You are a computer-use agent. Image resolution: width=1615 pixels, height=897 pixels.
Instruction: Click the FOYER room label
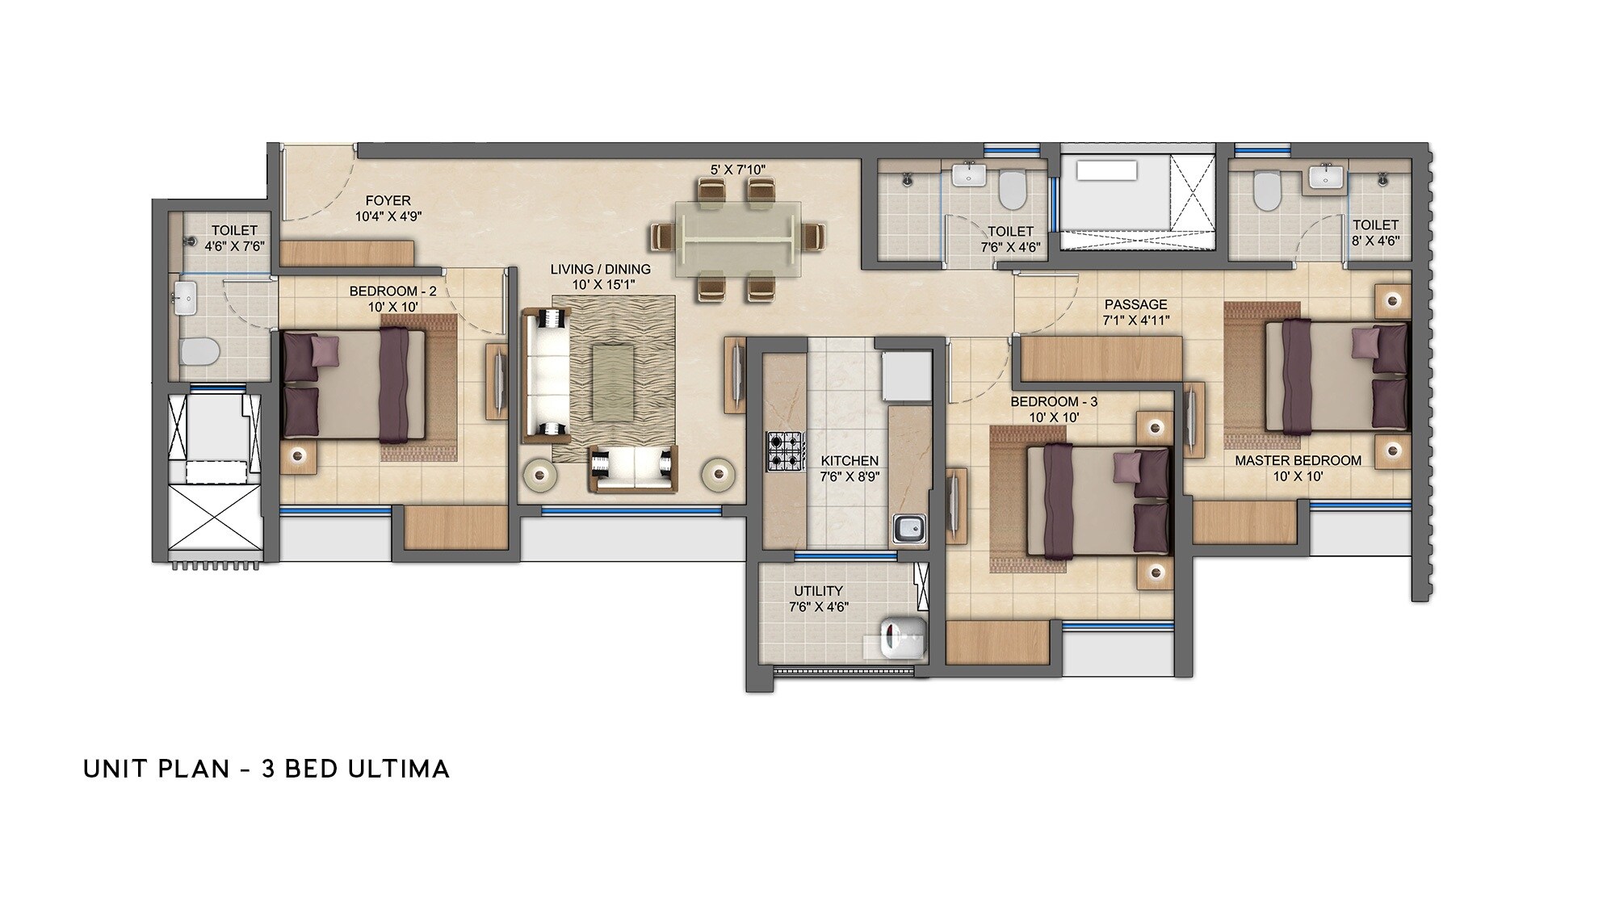(x=388, y=200)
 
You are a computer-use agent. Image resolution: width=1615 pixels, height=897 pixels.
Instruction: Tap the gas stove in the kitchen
(x=785, y=452)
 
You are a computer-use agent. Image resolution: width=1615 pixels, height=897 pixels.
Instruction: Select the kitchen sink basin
(x=909, y=529)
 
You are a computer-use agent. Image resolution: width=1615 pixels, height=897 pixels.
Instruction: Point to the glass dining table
(x=737, y=241)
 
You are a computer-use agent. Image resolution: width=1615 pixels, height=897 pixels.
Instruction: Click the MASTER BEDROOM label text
(x=1298, y=460)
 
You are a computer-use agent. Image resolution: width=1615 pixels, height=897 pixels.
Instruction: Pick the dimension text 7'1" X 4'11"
(x=1135, y=321)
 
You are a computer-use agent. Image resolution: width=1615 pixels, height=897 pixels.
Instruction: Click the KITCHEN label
(x=849, y=460)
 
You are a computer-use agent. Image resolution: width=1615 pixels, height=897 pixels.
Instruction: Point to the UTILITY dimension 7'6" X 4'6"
(x=818, y=607)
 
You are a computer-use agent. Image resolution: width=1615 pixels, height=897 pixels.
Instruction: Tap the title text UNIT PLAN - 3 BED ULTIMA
(x=266, y=769)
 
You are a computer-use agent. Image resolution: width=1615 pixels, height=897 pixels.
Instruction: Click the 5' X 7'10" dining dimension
(x=737, y=170)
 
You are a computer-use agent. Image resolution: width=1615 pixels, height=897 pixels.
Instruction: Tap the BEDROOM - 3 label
(x=1053, y=401)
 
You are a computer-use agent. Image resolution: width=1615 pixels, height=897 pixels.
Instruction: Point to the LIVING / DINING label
(x=600, y=269)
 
